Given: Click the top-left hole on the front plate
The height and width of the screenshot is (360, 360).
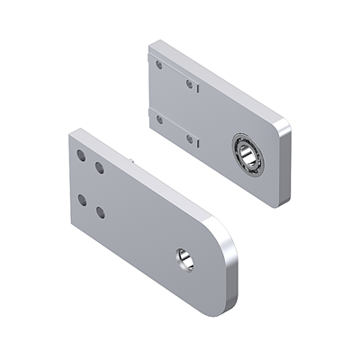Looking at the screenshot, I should click(x=81, y=156).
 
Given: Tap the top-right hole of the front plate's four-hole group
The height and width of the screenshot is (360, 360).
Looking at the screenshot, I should click(x=99, y=167).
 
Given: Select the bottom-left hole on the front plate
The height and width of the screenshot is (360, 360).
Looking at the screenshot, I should click(x=82, y=200).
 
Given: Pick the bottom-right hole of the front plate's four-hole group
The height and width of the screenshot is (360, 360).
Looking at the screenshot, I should click(x=100, y=213).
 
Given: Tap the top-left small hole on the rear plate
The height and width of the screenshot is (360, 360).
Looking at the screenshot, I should click(x=159, y=65).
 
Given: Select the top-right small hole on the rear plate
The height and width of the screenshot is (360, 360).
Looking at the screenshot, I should click(x=191, y=85).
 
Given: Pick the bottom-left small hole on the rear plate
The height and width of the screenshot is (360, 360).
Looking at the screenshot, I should click(x=159, y=118).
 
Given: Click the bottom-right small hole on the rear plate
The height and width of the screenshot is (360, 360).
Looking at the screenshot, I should click(x=190, y=139).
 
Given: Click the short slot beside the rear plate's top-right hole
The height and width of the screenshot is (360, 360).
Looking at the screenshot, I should click(x=197, y=91).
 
